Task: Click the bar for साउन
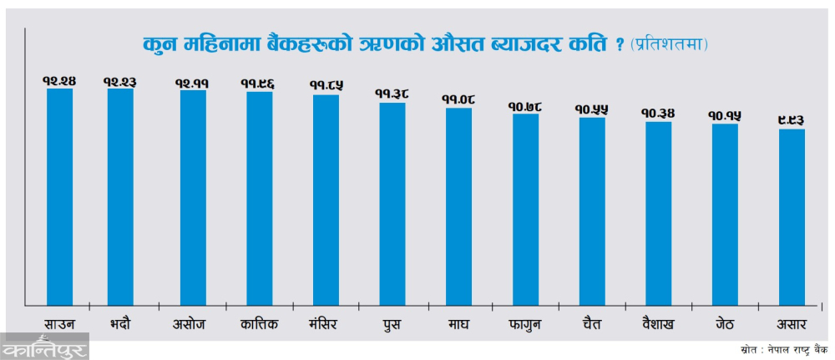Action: [x=59, y=196]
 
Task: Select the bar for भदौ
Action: [x=120, y=196]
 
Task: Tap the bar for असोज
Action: [x=193, y=197]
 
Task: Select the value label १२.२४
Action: [x=59, y=81]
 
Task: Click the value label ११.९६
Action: [x=259, y=84]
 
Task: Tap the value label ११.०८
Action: [x=458, y=100]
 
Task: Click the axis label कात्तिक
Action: [x=259, y=323]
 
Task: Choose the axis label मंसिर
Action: [x=326, y=323]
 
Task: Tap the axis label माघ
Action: [x=458, y=323]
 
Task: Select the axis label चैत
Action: [x=592, y=323]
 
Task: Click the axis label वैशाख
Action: [x=658, y=323]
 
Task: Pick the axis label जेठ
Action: [x=725, y=323]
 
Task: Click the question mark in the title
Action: [x=619, y=44]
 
